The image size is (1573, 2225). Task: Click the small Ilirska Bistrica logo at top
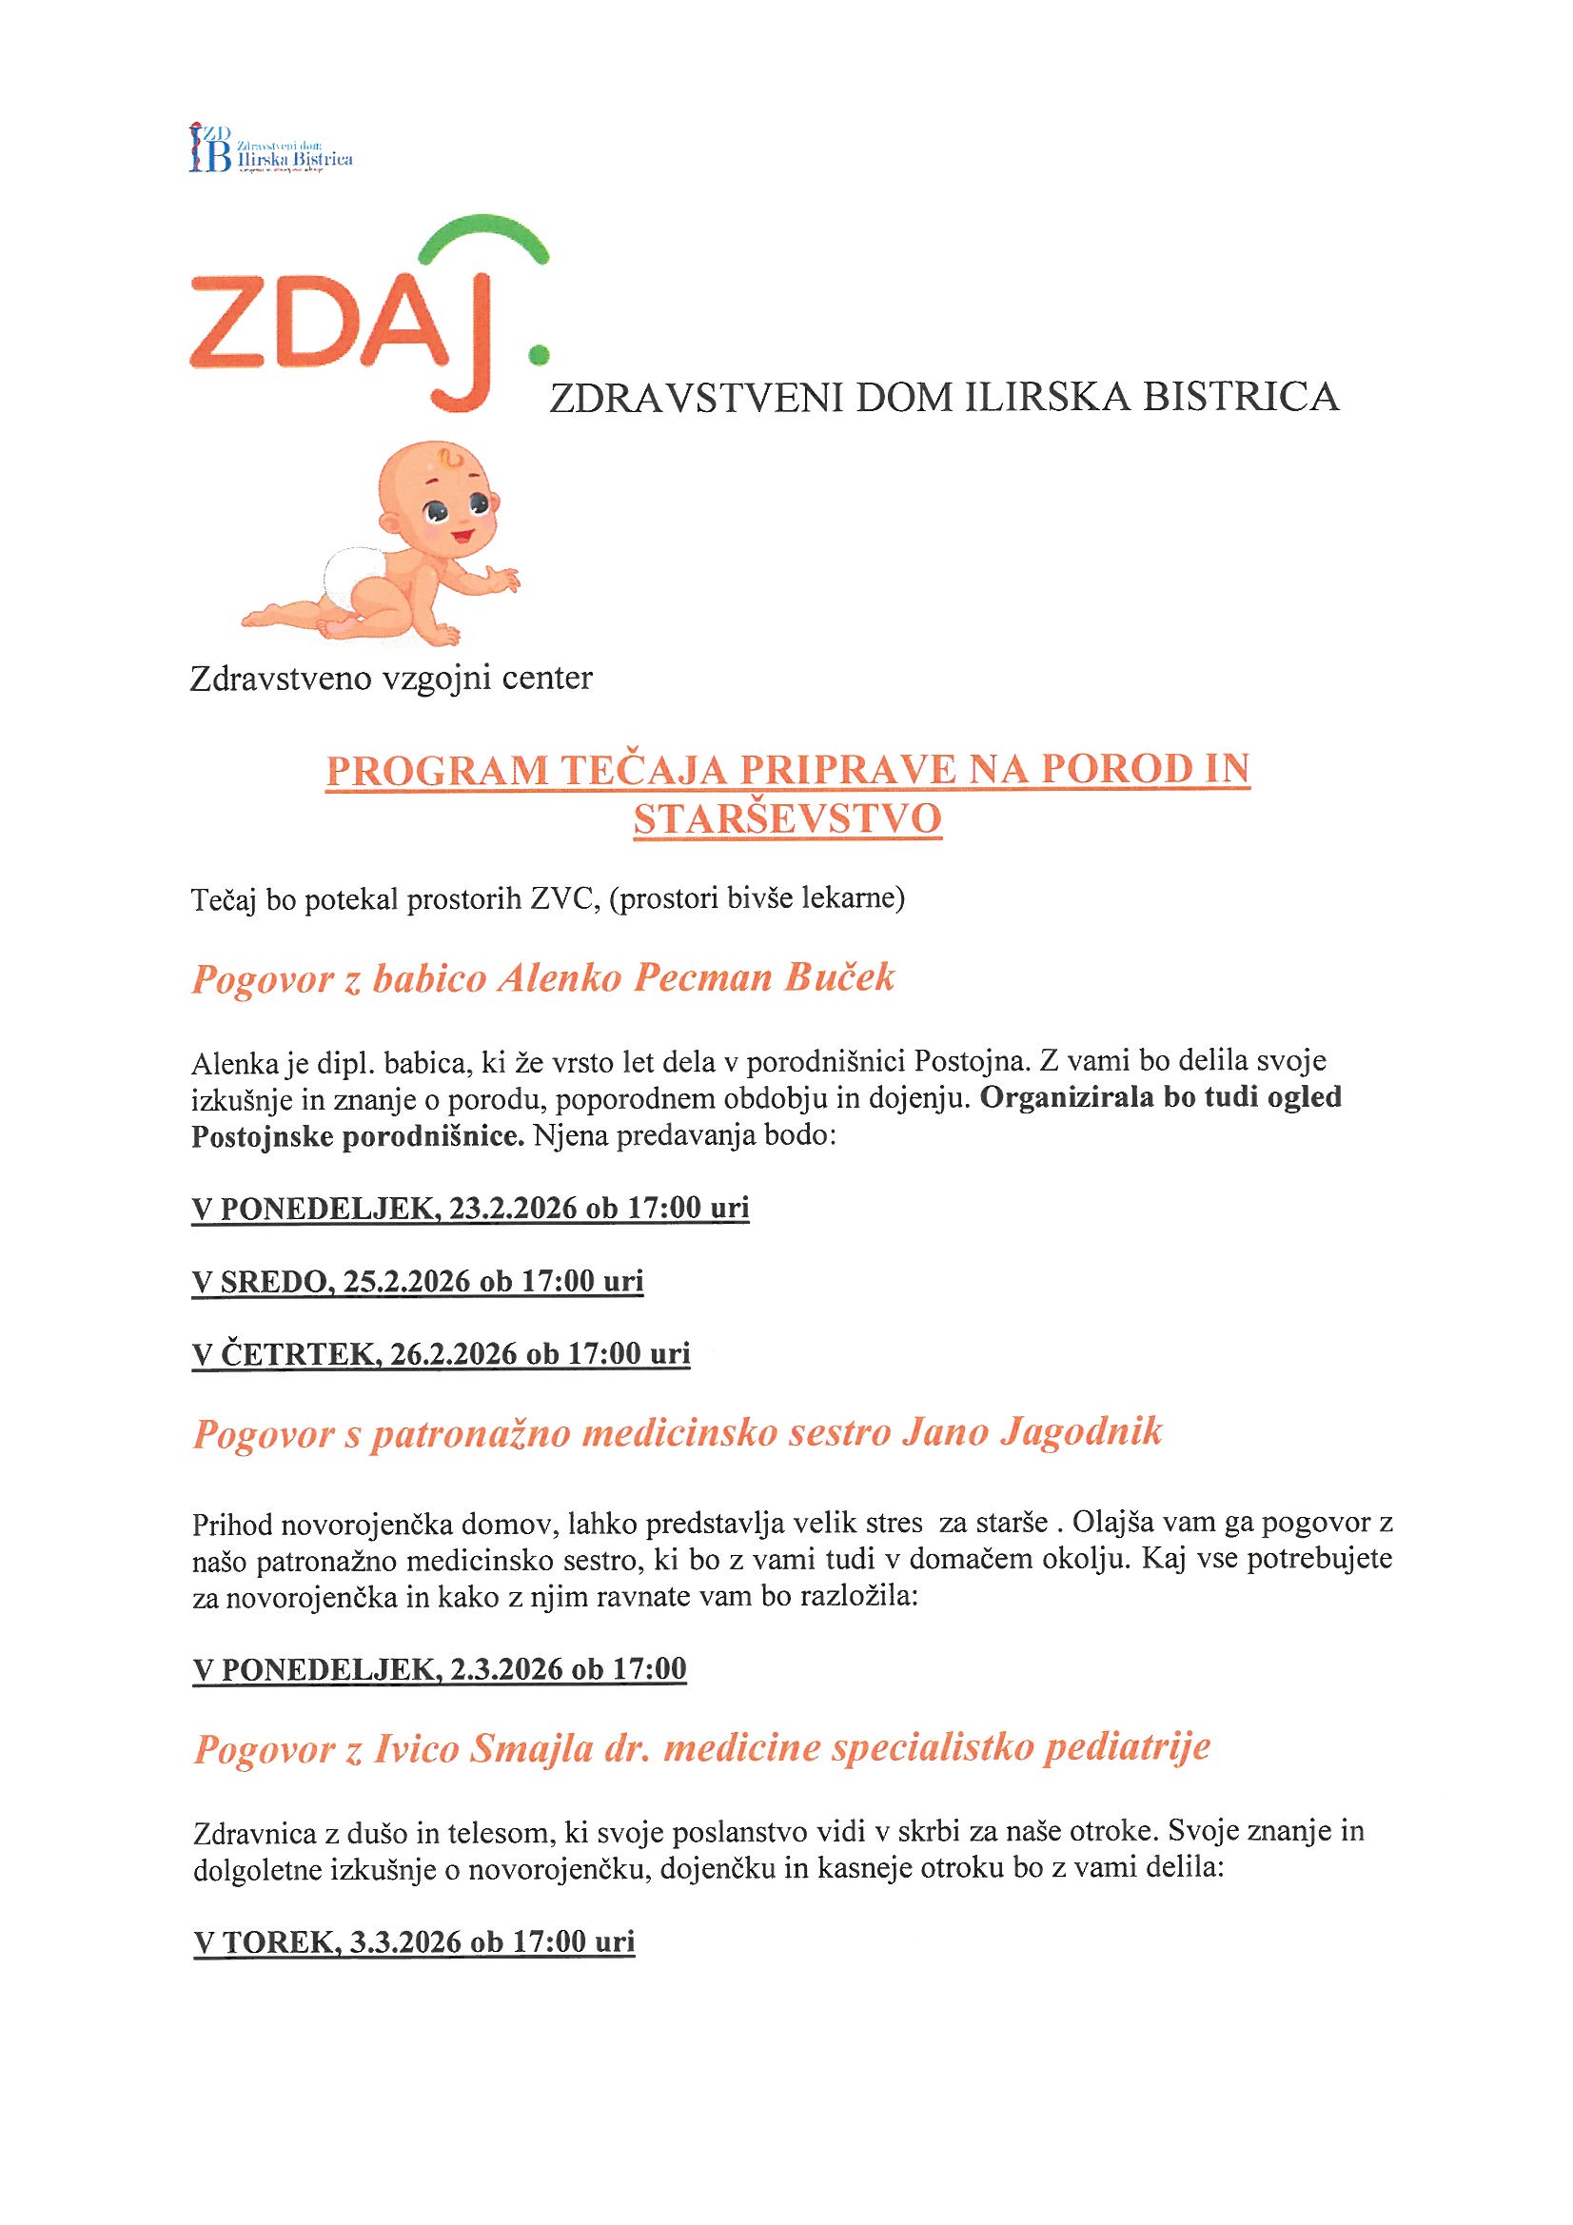270,148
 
